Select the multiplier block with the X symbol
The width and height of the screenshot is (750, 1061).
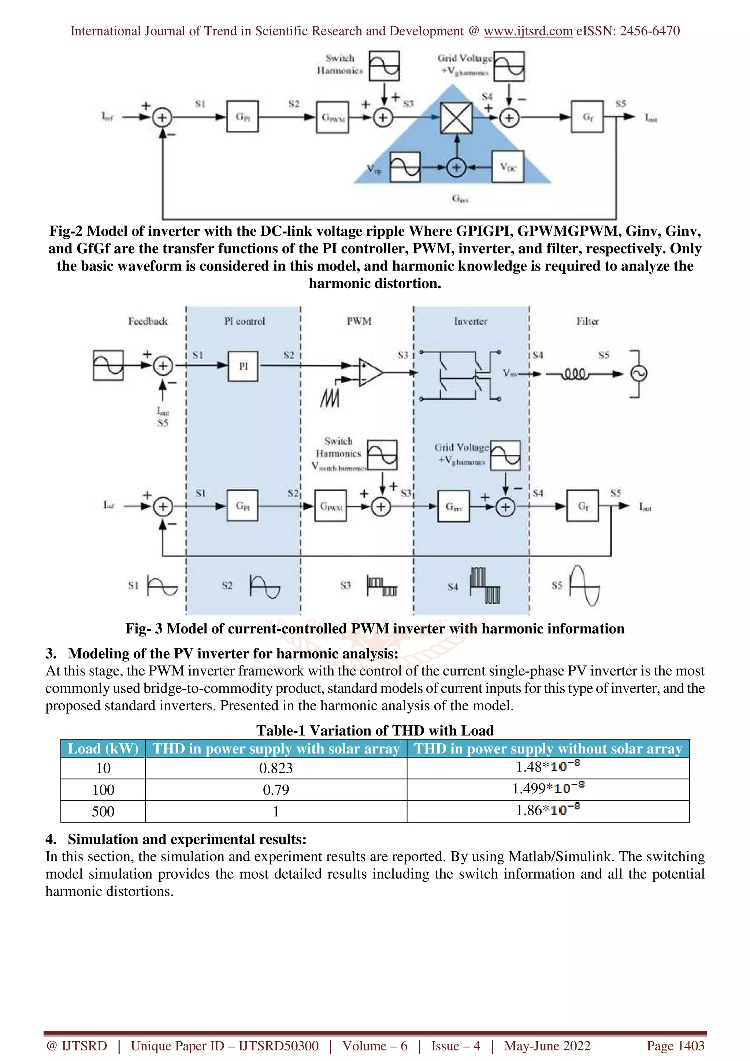(x=456, y=118)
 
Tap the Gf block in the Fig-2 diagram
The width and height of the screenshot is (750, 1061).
(x=587, y=116)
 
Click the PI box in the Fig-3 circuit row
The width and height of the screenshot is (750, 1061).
(x=243, y=366)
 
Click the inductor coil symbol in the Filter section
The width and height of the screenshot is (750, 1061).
(x=574, y=374)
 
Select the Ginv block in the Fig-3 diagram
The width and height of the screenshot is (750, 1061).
(x=453, y=506)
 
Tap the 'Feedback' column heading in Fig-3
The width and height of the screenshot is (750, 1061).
(x=148, y=321)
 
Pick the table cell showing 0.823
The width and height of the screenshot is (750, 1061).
(x=276, y=768)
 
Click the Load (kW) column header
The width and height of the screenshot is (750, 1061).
(x=103, y=749)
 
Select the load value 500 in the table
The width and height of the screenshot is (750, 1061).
(x=103, y=811)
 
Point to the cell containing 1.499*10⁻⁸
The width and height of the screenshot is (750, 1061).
(x=548, y=789)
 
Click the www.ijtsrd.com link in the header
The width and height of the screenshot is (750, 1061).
(x=528, y=31)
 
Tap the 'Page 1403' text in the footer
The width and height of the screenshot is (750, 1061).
(x=675, y=1046)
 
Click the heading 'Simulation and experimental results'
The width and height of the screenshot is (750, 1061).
(x=187, y=839)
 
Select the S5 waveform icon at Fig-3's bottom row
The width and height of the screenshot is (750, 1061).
(x=584, y=585)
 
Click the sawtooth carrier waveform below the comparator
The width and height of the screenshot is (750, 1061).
(x=330, y=398)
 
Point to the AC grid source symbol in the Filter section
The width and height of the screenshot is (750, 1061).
(x=639, y=373)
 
